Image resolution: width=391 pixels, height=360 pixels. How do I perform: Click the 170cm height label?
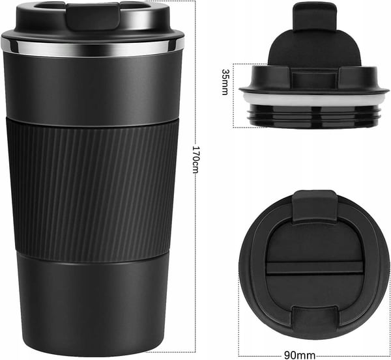click(196, 159)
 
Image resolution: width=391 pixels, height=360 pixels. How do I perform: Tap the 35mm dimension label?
click(225, 82)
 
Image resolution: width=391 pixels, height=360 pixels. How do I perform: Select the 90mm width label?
click(300, 355)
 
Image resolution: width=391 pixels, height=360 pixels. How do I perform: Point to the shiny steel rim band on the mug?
click(93, 48)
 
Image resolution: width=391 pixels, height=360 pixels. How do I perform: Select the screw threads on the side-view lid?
click(313, 117)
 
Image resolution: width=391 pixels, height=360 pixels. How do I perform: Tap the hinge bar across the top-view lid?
click(314, 268)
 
